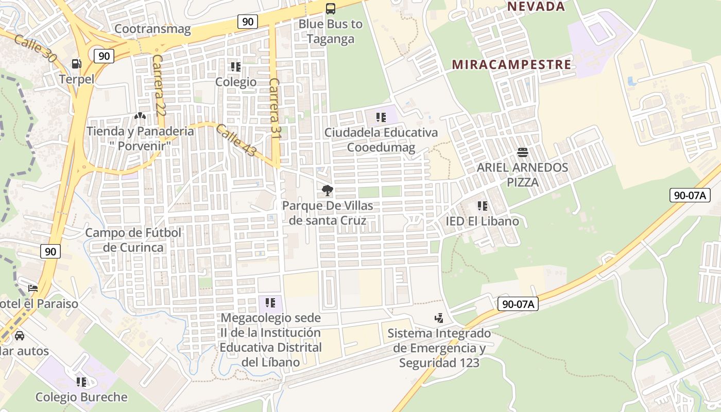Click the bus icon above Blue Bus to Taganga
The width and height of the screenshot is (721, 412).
click(331, 9)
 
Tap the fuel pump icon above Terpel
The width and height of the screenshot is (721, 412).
click(77, 64)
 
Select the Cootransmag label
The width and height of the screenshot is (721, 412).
click(152, 29)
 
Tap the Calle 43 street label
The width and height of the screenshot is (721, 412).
click(236, 141)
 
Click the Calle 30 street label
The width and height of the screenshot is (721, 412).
click(35, 49)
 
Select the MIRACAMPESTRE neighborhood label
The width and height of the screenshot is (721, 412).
click(511, 64)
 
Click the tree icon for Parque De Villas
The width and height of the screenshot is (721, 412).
click(327, 191)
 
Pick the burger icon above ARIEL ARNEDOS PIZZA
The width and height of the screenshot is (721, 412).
click(522, 152)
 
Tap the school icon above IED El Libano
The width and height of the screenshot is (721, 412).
click(483, 206)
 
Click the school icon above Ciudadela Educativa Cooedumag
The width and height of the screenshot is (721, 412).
click(381, 117)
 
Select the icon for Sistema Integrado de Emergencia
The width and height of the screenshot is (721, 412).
click(439, 318)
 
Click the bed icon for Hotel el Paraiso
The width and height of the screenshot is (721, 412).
click(33, 288)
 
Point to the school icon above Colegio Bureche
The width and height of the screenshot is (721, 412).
click(81, 382)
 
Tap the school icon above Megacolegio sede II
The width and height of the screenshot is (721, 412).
click(270, 303)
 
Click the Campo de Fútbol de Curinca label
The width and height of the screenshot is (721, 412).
click(133, 240)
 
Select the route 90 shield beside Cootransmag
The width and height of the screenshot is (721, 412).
click(248, 21)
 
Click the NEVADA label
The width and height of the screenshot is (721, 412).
click(536, 7)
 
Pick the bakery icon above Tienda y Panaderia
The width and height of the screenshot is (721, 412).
click(140, 116)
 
